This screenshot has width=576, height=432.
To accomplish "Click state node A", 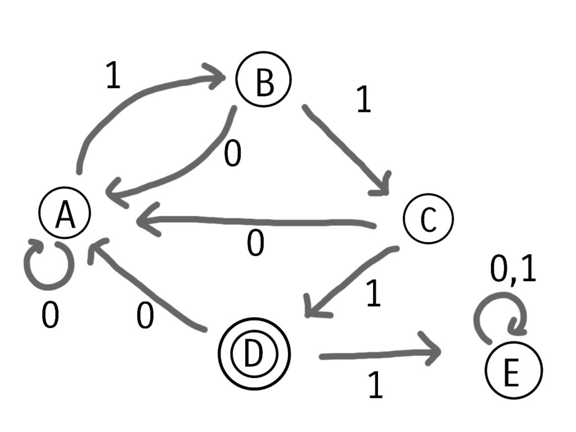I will [x=65, y=215].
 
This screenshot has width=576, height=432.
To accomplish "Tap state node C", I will [x=428, y=219].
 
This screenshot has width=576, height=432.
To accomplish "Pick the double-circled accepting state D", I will [x=254, y=353].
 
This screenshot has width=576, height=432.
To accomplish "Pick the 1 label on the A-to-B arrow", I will [x=113, y=76].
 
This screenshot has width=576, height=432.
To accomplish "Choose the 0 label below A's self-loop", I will [x=50, y=317].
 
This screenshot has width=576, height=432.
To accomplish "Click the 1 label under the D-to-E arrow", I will [x=375, y=386].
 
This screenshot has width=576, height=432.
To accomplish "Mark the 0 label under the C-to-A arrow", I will [x=256, y=245].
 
